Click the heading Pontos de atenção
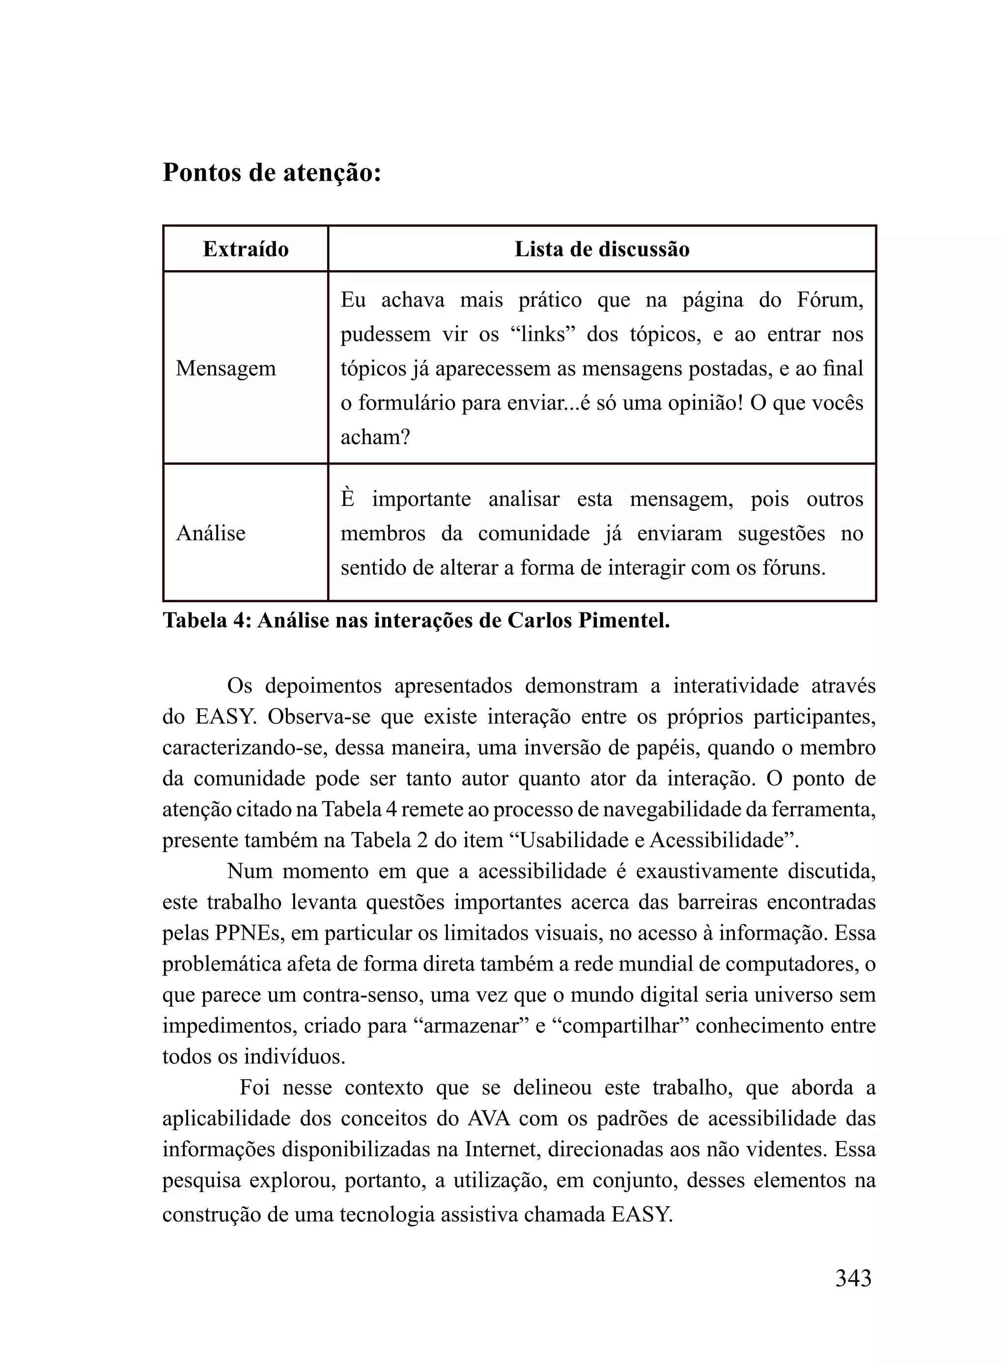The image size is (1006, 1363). point(272,173)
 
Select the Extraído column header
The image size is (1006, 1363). point(246,249)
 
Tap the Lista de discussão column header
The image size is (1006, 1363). point(602,249)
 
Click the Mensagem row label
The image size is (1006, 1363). point(226,368)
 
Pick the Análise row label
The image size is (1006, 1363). point(211,533)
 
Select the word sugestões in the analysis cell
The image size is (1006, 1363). point(782,533)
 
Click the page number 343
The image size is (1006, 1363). point(853,1278)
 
